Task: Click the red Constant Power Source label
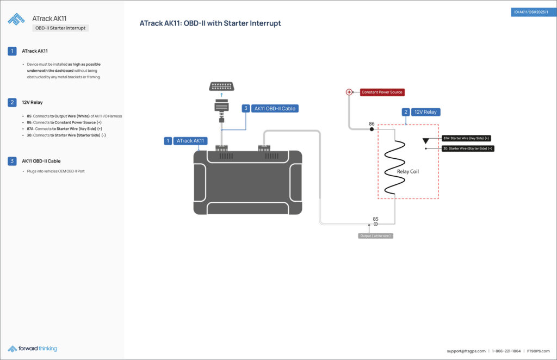pyautogui.click(x=382, y=92)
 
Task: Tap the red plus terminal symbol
pyautogui.click(x=349, y=92)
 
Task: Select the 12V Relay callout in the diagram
pyautogui.click(x=421, y=112)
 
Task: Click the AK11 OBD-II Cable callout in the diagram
pyautogui.click(x=270, y=108)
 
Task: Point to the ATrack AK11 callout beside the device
pyautogui.click(x=186, y=141)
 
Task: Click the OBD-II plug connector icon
pyautogui.click(x=221, y=86)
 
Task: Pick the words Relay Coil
pyautogui.click(x=408, y=171)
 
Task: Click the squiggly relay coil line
pyautogui.click(x=394, y=166)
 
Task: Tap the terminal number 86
pyautogui.click(x=372, y=124)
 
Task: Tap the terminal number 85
pyautogui.click(x=375, y=219)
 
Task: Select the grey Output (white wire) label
pyautogui.click(x=375, y=236)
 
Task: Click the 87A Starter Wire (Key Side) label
pyautogui.click(x=467, y=138)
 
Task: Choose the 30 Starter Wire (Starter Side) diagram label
pyautogui.click(x=467, y=148)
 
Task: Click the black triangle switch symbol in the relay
pyautogui.click(x=426, y=141)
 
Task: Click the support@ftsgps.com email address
pyautogui.click(x=466, y=351)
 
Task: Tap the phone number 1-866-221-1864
pyautogui.click(x=506, y=351)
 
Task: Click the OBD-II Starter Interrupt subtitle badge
pyautogui.click(x=60, y=28)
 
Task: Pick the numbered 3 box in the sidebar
pyautogui.click(x=12, y=161)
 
